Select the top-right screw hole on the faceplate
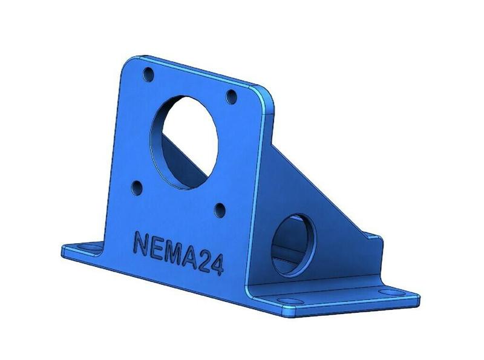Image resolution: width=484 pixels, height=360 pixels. click(x=231, y=95)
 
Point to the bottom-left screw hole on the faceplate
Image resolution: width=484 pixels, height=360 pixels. click(x=137, y=186)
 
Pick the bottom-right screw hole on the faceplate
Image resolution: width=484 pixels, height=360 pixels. click(x=220, y=210)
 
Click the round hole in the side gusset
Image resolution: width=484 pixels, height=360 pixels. click(x=293, y=244)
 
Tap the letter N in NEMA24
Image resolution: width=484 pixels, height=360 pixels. click(x=140, y=243)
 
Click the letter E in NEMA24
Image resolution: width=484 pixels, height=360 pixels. click(x=156, y=248)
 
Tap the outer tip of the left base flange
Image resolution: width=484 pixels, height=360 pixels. click(x=64, y=250)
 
